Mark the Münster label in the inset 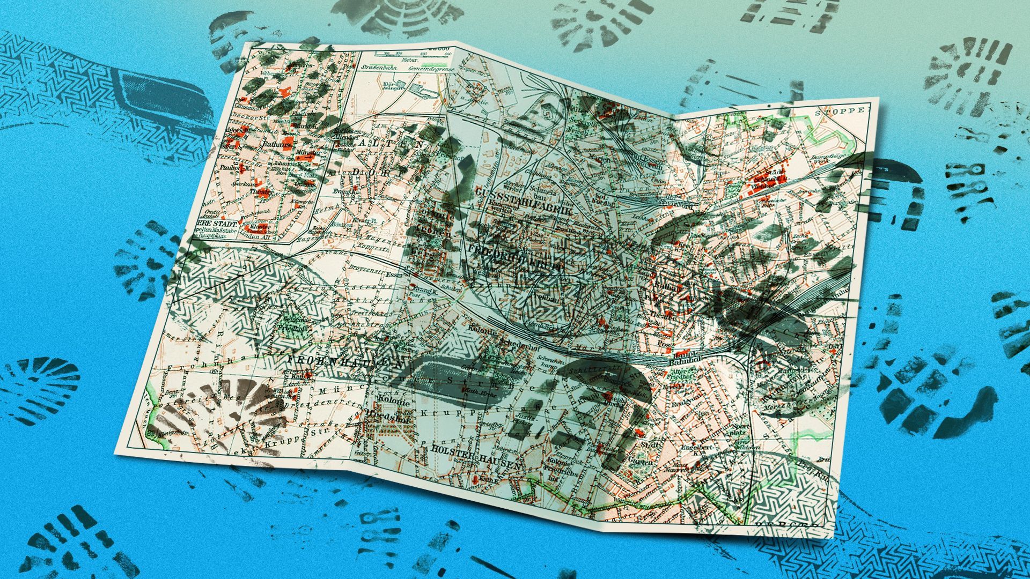[308, 152]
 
